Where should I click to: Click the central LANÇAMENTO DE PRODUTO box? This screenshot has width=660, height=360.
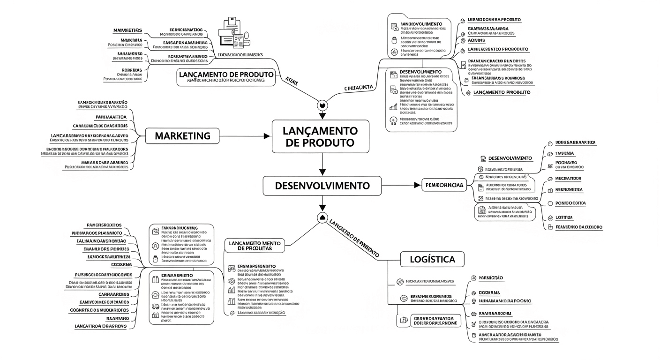(321, 136)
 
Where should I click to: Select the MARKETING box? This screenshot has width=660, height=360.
(182, 136)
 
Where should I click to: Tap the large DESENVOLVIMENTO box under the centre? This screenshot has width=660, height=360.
(322, 186)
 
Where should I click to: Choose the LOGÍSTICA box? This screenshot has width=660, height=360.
(432, 259)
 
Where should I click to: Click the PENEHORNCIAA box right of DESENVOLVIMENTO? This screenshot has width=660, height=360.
(443, 186)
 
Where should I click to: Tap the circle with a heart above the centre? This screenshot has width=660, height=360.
(322, 105)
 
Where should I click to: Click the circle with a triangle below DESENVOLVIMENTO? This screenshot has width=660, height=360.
(322, 217)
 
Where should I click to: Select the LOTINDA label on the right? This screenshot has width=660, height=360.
(564, 217)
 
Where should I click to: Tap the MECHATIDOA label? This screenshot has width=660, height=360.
(568, 179)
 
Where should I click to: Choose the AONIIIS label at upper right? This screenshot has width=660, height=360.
(476, 41)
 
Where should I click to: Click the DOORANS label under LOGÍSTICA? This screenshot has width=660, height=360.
(489, 292)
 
